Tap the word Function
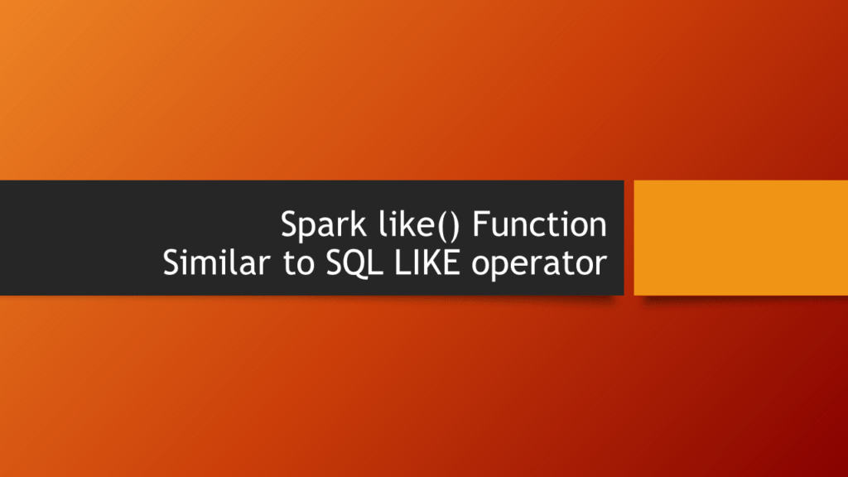539,224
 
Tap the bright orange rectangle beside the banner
740,238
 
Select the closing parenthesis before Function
454,226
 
